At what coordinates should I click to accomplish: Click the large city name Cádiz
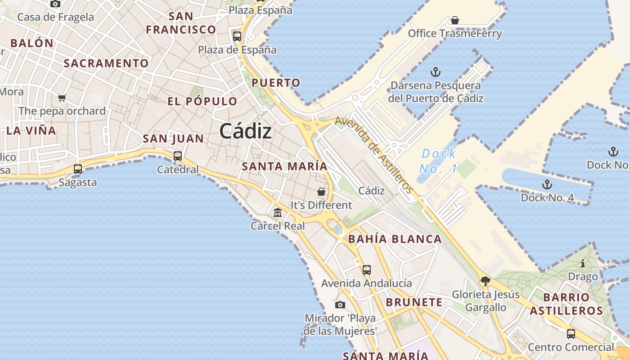click(246, 131)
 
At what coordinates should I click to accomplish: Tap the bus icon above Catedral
click(178, 156)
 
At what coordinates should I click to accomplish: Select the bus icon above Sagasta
click(78, 169)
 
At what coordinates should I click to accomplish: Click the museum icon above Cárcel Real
click(278, 212)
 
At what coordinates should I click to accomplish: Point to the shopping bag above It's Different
click(321, 192)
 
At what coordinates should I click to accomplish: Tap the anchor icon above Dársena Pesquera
click(435, 72)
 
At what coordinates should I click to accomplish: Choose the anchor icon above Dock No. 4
click(547, 184)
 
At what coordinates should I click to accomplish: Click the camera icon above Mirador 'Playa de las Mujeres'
click(340, 305)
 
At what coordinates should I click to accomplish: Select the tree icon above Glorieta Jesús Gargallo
click(485, 282)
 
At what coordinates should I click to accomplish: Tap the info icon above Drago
click(583, 263)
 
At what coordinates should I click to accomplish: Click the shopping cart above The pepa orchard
click(62, 98)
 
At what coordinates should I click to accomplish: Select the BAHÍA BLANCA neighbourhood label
click(395, 239)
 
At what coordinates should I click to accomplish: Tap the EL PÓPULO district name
click(202, 101)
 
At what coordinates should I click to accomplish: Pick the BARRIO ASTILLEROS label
click(566, 304)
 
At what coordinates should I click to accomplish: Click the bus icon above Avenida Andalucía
click(367, 270)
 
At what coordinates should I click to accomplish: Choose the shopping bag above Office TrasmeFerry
click(455, 20)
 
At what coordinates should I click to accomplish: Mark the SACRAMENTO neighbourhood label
click(106, 63)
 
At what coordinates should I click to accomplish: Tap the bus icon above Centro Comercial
click(571, 334)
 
